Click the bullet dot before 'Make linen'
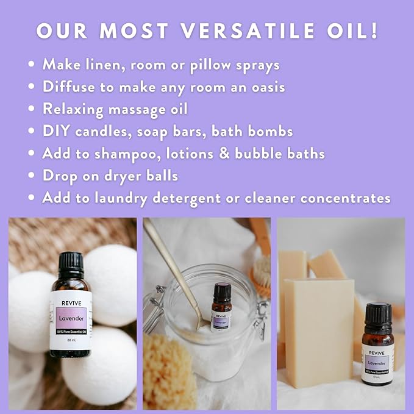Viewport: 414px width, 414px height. (31, 64)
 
